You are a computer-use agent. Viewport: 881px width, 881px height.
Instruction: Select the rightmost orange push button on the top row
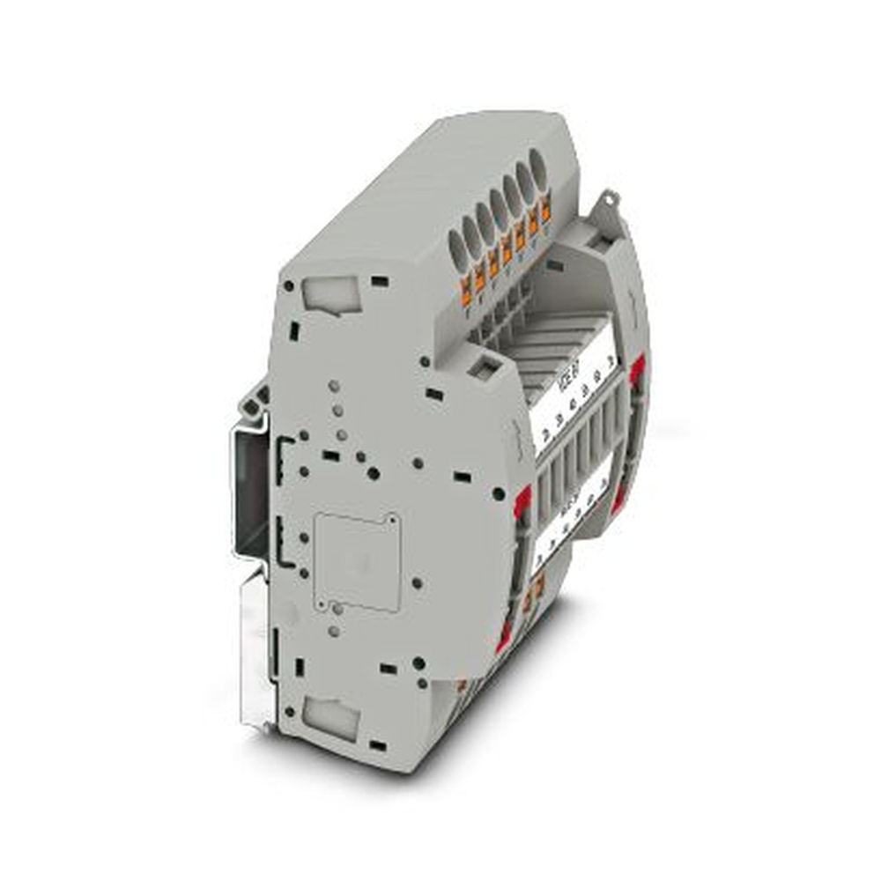pos(545,211)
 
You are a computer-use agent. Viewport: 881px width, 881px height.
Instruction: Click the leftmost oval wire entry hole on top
pos(456,243)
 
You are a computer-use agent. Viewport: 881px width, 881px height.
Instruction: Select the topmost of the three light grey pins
pos(333,386)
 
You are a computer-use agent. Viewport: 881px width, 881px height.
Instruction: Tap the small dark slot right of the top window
pos(380,282)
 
